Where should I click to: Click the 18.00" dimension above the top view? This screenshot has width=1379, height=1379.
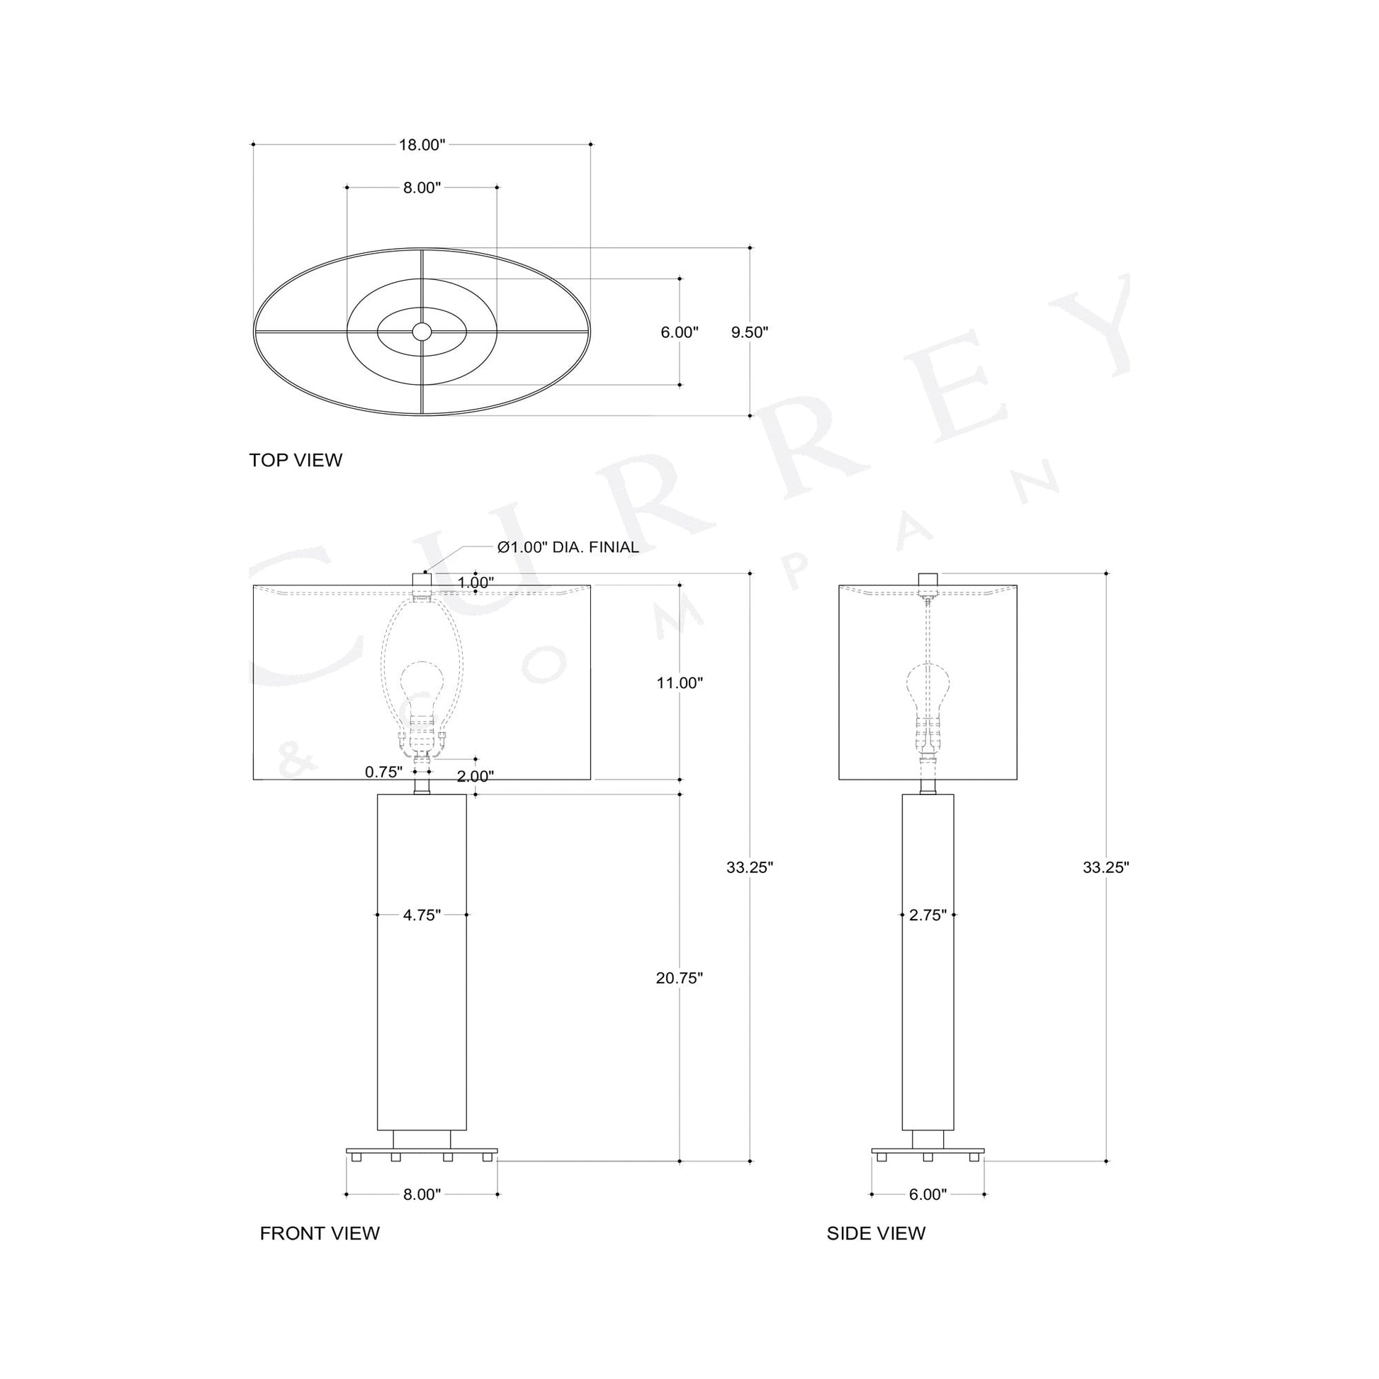coord(421,145)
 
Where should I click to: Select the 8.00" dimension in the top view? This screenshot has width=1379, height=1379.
coord(421,188)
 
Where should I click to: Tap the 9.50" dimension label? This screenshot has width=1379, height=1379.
coord(750,332)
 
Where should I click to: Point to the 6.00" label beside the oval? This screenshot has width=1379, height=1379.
coord(679,332)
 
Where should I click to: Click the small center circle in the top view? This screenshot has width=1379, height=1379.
coord(422,331)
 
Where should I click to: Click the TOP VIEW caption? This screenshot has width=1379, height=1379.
coord(295,460)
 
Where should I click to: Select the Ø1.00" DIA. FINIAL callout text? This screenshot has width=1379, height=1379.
coord(568,548)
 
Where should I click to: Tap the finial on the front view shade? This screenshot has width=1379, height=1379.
coord(422,580)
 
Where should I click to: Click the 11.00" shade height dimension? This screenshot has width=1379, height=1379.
coord(680,683)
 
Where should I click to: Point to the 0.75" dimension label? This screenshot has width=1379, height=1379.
coord(383,772)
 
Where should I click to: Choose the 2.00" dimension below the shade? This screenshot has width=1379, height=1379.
coord(475,776)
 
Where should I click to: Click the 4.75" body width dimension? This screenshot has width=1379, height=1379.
coord(421,915)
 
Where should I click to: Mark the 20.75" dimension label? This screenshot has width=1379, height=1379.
coord(680,979)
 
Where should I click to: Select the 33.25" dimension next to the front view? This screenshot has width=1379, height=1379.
coord(750,867)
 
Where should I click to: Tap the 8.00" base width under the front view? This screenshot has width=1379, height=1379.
coord(421,1195)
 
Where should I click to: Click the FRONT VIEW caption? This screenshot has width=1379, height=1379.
coord(319,1254)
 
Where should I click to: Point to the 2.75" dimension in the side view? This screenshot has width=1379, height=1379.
coord(927,915)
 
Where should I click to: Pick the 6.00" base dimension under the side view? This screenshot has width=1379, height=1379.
coord(927,1195)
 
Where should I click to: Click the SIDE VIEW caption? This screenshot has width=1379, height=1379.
coord(876,1254)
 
